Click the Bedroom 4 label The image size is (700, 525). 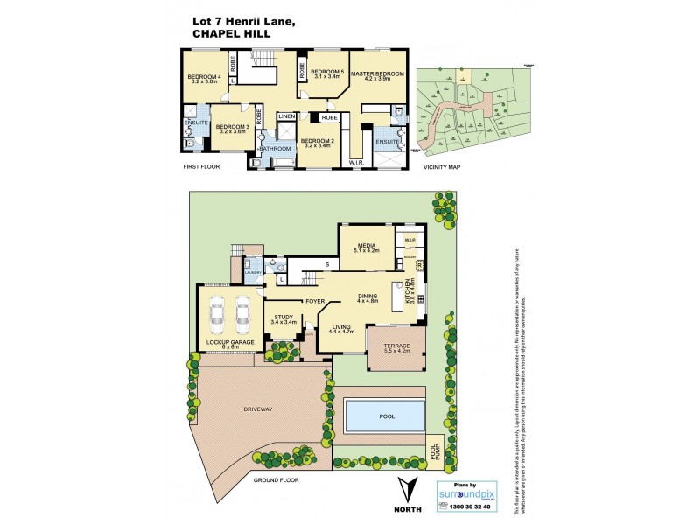coord(203,78)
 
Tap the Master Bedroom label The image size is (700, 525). coord(377,74)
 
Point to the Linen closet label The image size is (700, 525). coord(286,116)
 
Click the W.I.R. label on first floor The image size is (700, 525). coord(357,162)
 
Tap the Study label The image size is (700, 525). coord(283,318)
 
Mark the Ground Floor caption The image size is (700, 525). coord(276,481)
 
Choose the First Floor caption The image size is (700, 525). coord(201,165)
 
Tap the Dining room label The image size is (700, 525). coord(367,297)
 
